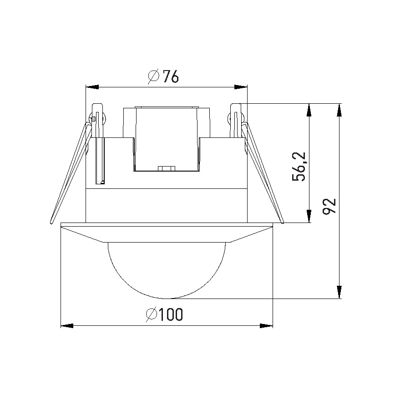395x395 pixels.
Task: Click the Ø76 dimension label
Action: click(x=163, y=76)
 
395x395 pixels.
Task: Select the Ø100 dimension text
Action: click(x=165, y=315)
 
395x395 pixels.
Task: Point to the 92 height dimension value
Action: click(x=329, y=206)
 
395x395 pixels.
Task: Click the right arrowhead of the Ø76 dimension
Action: click(x=240, y=86)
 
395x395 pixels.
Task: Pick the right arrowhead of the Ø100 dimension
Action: click(x=266, y=325)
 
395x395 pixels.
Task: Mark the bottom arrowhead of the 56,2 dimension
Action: click(x=309, y=216)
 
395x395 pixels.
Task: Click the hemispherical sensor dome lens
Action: click(x=167, y=268)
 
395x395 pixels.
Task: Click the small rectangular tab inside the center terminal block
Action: click(x=167, y=168)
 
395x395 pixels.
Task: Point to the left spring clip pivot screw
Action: click(x=93, y=119)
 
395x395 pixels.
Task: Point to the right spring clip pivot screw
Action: click(x=228, y=119)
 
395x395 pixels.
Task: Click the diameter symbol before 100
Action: click(x=152, y=315)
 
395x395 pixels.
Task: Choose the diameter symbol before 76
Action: click(x=153, y=76)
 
